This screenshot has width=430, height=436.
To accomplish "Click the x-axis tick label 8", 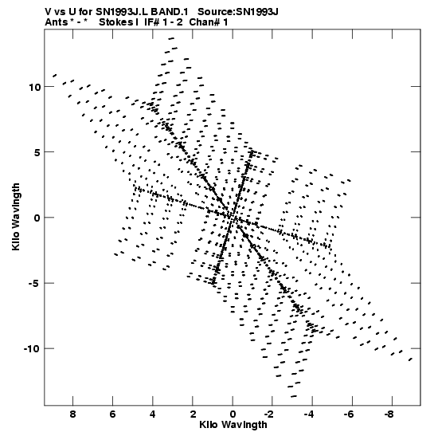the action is (72, 414).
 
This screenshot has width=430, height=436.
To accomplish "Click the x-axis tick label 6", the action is (112, 414).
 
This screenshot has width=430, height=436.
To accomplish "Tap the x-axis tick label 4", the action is (153, 414).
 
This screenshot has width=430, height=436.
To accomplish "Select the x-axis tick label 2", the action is (193, 414).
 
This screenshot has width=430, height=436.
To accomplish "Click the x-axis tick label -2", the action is (268, 414).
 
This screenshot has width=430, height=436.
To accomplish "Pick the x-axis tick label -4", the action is (309, 414).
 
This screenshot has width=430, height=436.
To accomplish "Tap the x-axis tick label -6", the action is (349, 414).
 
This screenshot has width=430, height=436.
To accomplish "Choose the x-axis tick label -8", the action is (389, 414).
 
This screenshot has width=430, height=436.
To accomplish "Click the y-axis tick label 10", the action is (34, 87).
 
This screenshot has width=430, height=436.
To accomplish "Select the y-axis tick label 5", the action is (37, 152).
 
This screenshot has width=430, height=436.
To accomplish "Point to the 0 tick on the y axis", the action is (37, 218).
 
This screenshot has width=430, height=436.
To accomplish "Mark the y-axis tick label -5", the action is (35, 283).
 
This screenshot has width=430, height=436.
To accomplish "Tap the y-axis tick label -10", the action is (32, 348).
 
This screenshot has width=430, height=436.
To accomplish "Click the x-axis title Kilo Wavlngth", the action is (233, 425).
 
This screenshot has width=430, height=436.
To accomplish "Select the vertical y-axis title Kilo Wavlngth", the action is (16, 217).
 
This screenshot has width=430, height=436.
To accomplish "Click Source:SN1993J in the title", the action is (238, 12).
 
